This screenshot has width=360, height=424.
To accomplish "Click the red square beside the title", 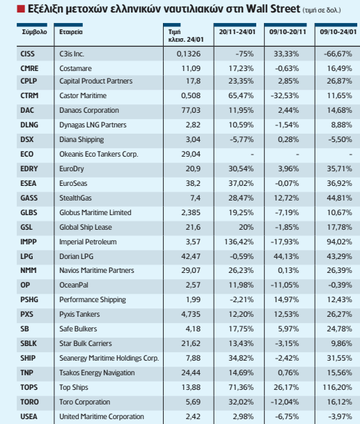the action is click(x=21, y=9).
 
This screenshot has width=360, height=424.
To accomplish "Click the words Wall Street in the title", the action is click(x=273, y=9).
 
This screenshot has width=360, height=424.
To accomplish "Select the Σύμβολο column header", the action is click(x=34, y=32).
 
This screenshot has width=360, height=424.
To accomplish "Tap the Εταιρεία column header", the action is click(x=71, y=32).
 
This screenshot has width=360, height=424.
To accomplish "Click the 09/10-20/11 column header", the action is click(x=288, y=32).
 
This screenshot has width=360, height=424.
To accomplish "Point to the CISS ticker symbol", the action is click(x=27, y=54).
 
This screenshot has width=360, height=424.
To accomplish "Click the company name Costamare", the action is click(x=75, y=68).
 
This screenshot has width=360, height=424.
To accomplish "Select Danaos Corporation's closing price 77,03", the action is click(x=191, y=110).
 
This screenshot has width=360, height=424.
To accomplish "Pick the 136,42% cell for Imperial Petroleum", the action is click(x=239, y=242).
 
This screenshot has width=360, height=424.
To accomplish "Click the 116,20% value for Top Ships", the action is click(x=337, y=387).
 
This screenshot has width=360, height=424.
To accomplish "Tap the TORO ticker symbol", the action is click(x=29, y=402).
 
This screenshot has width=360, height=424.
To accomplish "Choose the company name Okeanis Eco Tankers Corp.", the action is click(x=99, y=154).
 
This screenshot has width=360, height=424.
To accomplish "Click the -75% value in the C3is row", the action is click(x=244, y=54).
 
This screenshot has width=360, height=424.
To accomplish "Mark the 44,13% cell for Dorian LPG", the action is click(x=286, y=256).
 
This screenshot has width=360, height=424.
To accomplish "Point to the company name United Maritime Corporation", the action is click(x=102, y=416).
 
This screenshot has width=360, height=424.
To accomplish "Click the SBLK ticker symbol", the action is click(x=29, y=343).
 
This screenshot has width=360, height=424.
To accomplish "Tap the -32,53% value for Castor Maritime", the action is click(x=285, y=95).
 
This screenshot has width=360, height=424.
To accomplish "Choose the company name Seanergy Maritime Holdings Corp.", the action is click(x=109, y=358).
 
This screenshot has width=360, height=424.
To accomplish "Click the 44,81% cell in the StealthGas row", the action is click(x=339, y=198).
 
